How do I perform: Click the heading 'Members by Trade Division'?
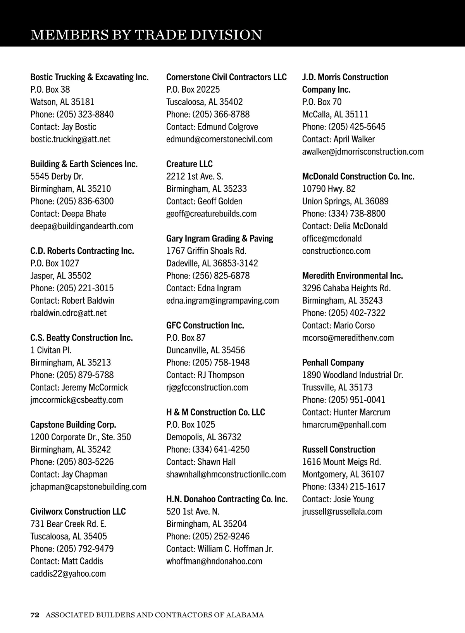point(146,35)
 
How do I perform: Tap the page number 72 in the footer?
point(35,615)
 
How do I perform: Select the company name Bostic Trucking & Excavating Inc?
point(89,77)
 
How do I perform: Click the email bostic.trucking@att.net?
point(70,139)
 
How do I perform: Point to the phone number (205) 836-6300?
point(85,201)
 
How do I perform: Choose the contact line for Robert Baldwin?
point(72,301)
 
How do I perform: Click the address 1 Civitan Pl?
point(51,350)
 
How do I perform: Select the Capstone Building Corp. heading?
point(73,425)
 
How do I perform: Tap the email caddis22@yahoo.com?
point(68,574)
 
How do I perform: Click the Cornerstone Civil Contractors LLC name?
point(226,77)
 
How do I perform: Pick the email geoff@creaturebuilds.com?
point(211,214)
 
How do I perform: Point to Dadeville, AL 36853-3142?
point(212,263)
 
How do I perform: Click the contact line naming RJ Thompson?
point(205,375)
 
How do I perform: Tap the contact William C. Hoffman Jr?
point(219,549)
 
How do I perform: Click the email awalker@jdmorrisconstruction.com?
point(363,152)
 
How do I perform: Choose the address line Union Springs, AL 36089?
point(345,201)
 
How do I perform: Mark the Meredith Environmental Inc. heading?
point(352,276)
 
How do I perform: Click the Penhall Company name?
point(333,363)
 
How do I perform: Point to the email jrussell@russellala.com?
point(342,512)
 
